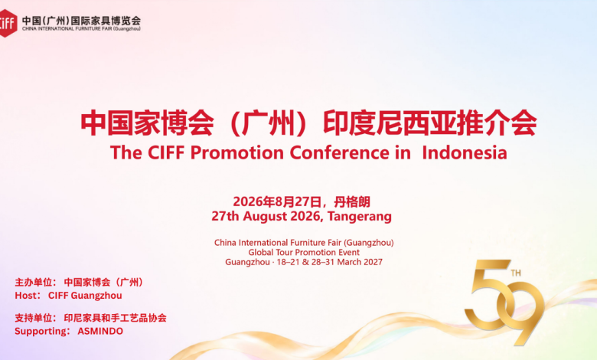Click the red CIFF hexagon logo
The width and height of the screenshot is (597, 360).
[x=8, y=23]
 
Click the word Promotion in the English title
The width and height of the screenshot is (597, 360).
[x=237, y=153]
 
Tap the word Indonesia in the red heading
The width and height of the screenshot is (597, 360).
[x=465, y=152]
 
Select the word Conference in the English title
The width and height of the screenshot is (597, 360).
[x=340, y=152]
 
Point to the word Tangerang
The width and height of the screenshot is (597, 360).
[x=360, y=217]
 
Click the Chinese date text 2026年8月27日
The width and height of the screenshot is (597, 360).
[x=277, y=201]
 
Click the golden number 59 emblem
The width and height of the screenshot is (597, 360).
[x=504, y=301]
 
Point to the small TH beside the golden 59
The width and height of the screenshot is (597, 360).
[x=516, y=273]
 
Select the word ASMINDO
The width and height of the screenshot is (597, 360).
[x=100, y=331]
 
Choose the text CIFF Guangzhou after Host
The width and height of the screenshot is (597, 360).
[x=85, y=296]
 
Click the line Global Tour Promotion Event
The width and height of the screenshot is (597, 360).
[x=304, y=252]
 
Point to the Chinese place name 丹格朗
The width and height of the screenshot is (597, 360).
[x=352, y=201]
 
